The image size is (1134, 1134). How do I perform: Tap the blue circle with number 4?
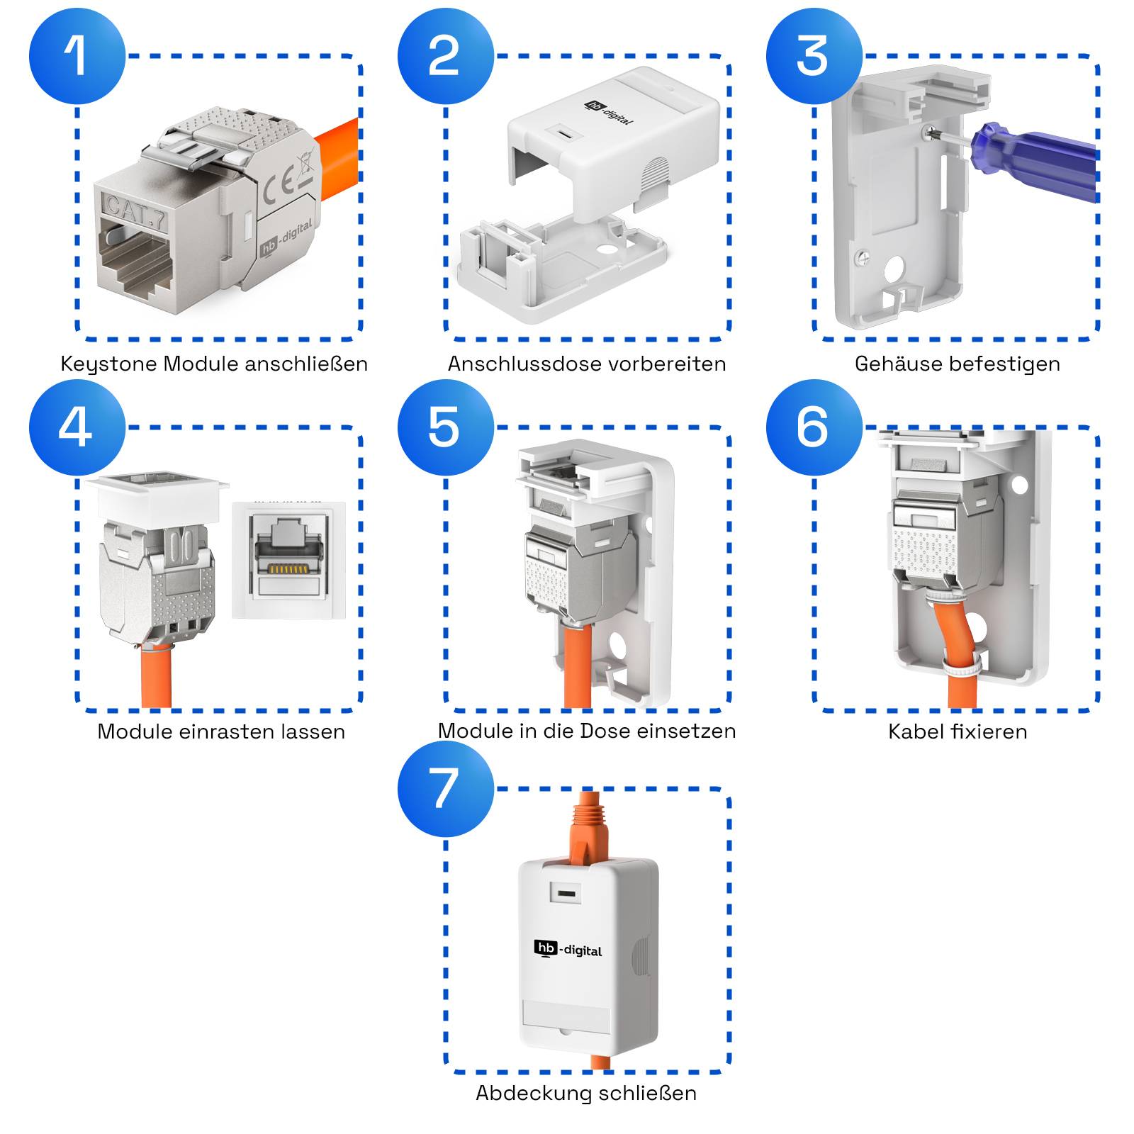pyautogui.click(x=77, y=427)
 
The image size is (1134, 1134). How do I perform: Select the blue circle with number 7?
pyautogui.click(x=445, y=788)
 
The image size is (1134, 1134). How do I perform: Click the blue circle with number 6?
pyautogui.click(x=814, y=427)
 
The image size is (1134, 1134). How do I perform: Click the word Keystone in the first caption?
pyautogui.click(x=109, y=364)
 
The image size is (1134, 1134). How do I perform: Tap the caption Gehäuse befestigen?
pyautogui.click(x=957, y=364)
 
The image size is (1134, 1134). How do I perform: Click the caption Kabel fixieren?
pyautogui.click(x=957, y=731)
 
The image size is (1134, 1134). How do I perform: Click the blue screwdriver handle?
pyautogui.click(x=1035, y=159)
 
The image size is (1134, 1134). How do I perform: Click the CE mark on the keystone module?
pyautogui.click(x=278, y=188)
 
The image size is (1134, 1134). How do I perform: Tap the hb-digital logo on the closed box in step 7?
pyautogui.click(x=568, y=949)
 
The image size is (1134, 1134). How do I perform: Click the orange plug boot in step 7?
pyautogui.click(x=587, y=829)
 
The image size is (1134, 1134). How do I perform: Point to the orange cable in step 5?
pyautogui.click(x=577, y=666)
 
